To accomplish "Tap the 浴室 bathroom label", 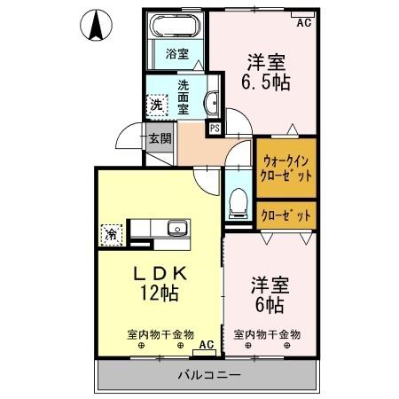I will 177,53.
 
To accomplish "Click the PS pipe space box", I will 215,128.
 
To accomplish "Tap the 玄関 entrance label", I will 159,138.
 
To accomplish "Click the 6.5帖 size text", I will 266,82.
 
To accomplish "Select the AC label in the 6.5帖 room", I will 303,22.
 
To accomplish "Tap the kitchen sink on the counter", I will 177,228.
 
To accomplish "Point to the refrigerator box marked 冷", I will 112,234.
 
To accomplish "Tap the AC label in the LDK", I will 207,343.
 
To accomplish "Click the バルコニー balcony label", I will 207,376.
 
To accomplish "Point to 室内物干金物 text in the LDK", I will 159,334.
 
